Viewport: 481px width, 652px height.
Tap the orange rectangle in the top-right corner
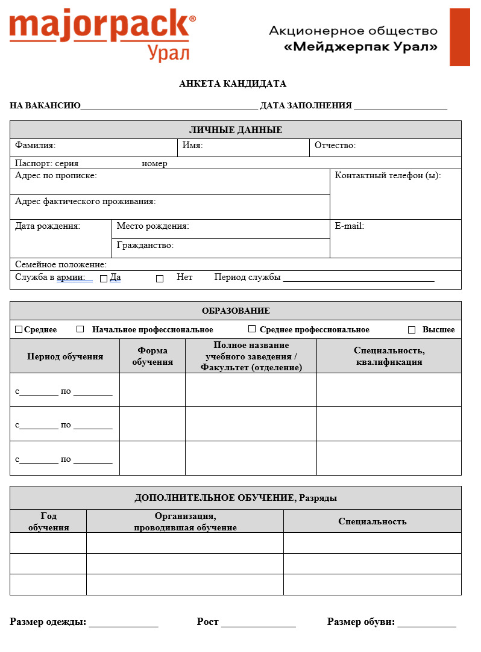(459, 37)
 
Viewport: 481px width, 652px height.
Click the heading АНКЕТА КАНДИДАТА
(233, 84)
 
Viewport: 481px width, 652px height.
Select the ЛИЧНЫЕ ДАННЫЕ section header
(236, 130)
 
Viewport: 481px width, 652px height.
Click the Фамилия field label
(35, 145)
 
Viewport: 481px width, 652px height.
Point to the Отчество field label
(335, 145)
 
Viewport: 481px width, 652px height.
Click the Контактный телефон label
(388, 175)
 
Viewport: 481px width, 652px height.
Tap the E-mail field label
(350, 226)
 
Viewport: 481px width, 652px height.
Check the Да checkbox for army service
(104, 279)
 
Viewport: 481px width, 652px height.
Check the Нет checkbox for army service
(160, 279)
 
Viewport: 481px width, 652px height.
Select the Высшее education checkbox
(412, 330)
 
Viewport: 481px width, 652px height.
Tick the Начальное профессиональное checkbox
(80, 329)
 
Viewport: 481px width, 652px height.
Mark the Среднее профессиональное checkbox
(252, 329)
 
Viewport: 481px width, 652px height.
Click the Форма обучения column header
(152, 356)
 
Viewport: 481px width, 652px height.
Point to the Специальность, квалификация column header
(389, 356)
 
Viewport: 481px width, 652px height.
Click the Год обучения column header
(49, 522)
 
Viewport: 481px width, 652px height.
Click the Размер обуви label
(360, 622)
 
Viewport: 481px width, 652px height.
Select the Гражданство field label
(145, 245)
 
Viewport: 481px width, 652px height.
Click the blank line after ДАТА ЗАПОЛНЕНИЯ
(400, 107)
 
